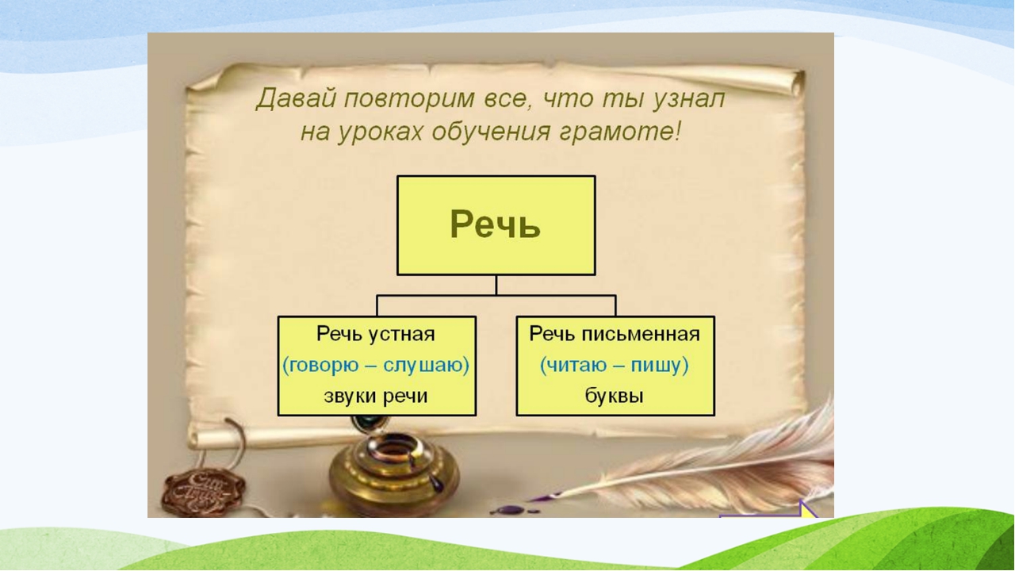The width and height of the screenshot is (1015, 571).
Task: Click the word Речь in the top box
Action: [496, 224]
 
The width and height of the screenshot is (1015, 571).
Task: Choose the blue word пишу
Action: [661, 366]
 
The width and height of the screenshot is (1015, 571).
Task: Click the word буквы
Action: [615, 397]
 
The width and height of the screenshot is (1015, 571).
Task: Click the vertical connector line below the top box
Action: [496, 285]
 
